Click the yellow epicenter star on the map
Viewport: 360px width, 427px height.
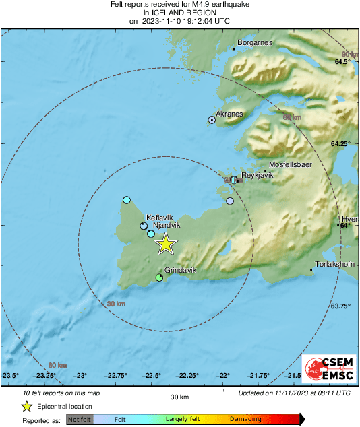tap(165, 244)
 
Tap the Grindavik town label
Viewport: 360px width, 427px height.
tap(180, 270)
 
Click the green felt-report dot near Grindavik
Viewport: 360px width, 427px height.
tap(160, 277)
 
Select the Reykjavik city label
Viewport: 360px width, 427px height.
tap(257, 175)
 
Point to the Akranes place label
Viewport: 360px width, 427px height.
tap(229, 114)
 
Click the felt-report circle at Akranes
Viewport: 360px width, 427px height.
tap(212, 120)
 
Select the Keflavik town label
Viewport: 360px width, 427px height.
tap(160, 218)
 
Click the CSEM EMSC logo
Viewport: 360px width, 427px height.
tap(328, 369)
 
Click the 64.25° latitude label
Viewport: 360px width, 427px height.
tap(340, 144)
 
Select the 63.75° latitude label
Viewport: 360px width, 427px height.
tap(340, 306)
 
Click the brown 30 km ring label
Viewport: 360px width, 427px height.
tap(117, 304)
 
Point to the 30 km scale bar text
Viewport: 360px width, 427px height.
tap(179, 396)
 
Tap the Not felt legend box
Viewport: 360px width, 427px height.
tap(79, 420)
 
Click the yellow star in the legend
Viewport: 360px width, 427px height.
tap(26, 406)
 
